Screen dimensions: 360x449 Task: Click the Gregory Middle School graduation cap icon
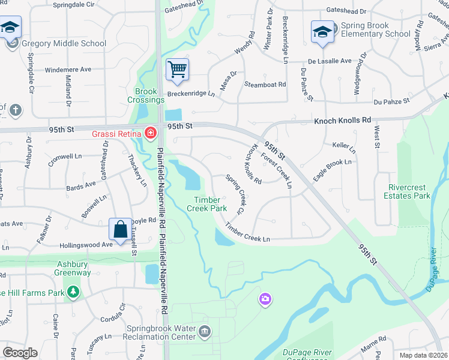11,28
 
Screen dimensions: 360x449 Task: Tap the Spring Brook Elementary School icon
322,31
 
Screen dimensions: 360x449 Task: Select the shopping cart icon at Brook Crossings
177,70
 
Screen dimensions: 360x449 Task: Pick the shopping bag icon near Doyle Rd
120,229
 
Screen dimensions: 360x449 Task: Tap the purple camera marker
265,298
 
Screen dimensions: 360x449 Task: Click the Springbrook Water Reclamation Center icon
205,331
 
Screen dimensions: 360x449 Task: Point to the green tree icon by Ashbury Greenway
73,292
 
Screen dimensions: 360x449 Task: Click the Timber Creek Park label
210,204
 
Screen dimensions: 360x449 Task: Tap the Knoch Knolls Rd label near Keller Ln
343,121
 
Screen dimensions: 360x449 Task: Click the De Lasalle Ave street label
330,61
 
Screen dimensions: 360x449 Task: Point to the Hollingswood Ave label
86,245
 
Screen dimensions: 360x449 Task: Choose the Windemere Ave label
67,70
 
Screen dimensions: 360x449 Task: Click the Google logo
20,353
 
